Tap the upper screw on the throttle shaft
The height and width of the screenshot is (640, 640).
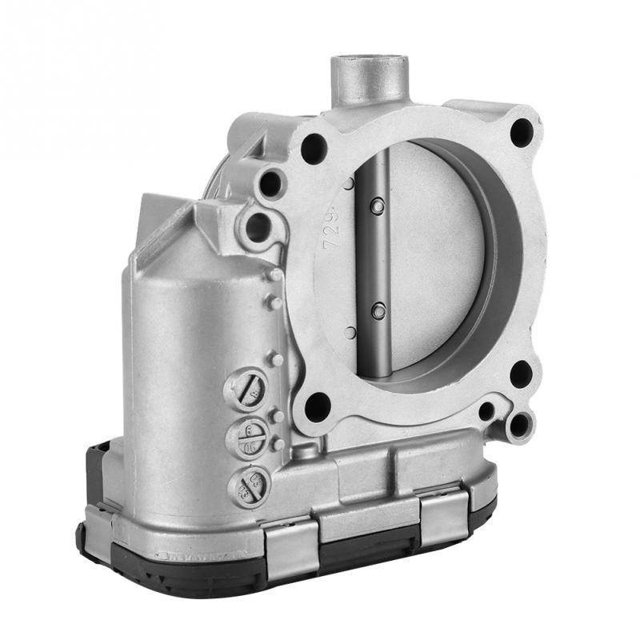[378, 207]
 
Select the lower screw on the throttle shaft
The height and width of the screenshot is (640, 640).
[378, 310]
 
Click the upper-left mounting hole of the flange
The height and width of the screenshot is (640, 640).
[314, 149]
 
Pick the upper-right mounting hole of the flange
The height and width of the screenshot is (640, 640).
[521, 131]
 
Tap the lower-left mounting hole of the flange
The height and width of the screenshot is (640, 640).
[318, 406]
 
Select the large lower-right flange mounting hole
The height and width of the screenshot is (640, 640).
[521, 374]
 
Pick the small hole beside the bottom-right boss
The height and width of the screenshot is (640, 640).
[486, 411]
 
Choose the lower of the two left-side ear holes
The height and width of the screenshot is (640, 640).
[257, 227]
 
